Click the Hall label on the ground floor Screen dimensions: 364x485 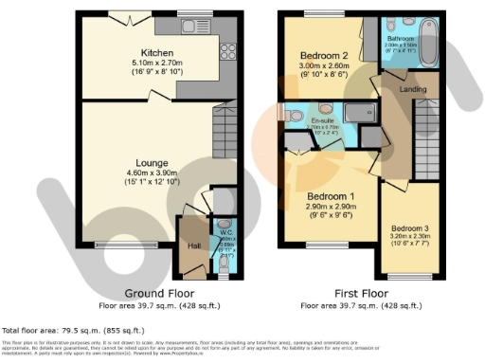[x=193, y=246]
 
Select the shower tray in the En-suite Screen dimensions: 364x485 [x=358, y=113]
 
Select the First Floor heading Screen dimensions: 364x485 [x=359, y=294]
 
